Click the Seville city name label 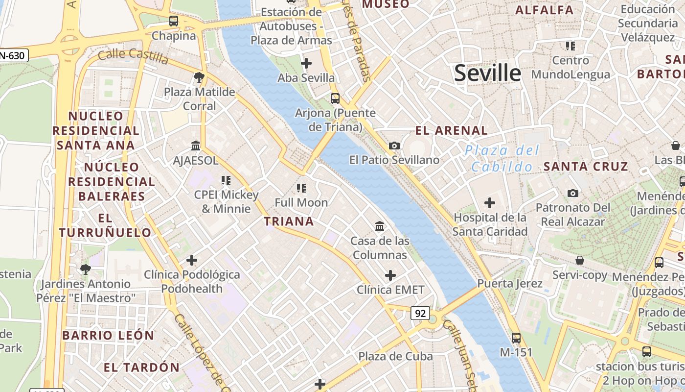(x=487, y=73)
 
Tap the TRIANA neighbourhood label (x=289, y=221)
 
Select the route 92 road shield (x=420, y=313)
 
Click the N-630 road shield (x=14, y=55)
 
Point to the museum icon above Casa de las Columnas (x=380, y=226)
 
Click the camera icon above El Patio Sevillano (x=394, y=146)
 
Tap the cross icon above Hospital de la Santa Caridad (x=489, y=202)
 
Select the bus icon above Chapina (x=174, y=21)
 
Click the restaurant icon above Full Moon (x=301, y=188)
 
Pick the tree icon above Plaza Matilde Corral (x=199, y=77)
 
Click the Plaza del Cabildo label (x=502, y=158)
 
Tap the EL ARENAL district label (x=451, y=130)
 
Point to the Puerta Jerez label (x=509, y=283)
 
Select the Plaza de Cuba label (x=395, y=356)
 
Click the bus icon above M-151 (x=516, y=338)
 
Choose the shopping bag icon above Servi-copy (x=580, y=260)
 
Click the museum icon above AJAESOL (x=196, y=146)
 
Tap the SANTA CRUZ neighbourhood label (x=585, y=166)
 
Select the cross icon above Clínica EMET (x=390, y=275)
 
